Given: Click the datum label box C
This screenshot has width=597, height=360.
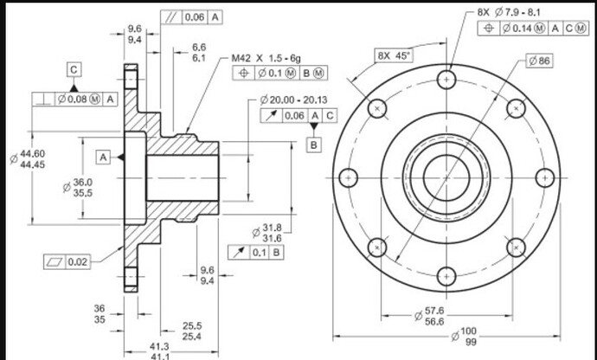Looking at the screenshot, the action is (x=74, y=70).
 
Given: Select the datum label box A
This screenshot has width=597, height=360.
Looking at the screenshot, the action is (x=103, y=157).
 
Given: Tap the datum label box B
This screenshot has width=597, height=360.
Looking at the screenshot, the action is (x=314, y=145).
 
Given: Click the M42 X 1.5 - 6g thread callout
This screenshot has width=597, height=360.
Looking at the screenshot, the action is (x=266, y=58).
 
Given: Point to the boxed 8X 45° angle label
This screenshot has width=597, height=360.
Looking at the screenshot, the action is (x=394, y=56).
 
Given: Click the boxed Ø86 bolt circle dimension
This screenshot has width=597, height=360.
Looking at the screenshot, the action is (x=540, y=61).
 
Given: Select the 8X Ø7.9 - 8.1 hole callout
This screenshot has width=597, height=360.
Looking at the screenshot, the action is (x=509, y=12).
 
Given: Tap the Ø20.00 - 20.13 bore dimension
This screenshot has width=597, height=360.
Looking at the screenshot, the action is (x=293, y=100).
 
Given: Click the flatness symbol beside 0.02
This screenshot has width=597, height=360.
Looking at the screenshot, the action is (x=55, y=261).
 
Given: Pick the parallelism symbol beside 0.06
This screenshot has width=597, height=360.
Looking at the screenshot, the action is (x=171, y=17).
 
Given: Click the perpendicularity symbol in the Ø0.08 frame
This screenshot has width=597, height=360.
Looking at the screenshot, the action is (x=44, y=100).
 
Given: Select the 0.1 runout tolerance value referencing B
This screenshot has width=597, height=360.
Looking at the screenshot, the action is (x=260, y=252).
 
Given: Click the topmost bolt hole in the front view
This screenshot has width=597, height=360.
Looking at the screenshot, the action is (x=446, y=80).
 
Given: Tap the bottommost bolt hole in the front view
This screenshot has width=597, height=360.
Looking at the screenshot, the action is (x=446, y=276).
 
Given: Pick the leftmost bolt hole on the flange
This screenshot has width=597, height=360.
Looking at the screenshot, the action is (x=348, y=178).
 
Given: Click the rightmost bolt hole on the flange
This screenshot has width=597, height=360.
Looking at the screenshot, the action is (x=545, y=178).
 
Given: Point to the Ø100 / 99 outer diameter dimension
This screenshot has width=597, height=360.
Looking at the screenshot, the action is (x=464, y=337).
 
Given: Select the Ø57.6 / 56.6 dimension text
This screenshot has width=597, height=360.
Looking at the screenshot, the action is (x=431, y=316).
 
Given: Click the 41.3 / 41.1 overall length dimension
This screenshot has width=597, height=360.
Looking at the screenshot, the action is (x=159, y=351).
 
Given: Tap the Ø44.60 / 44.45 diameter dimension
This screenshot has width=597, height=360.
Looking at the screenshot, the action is (x=28, y=159).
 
